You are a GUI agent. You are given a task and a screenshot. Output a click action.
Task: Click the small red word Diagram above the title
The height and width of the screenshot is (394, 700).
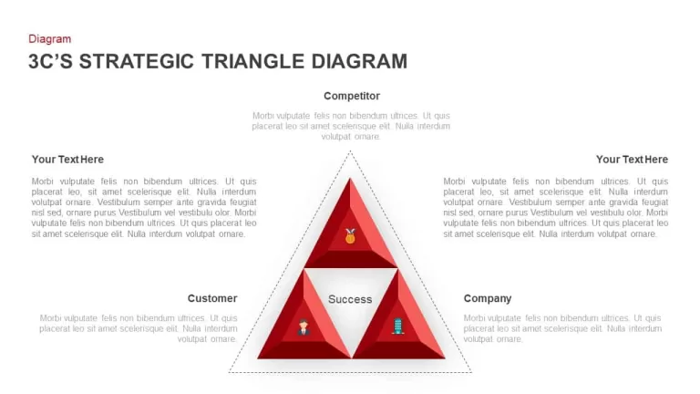pyautogui.click(x=49, y=39)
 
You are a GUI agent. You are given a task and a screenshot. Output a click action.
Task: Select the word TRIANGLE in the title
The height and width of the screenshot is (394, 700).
pyautogui.click(x=252, y=62)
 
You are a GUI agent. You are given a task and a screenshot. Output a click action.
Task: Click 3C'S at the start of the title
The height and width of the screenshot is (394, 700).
pyautogui.click(x=50, y=62)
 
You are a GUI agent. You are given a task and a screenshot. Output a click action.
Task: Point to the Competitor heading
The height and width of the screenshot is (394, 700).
pyautogui.click(x=352, y=96)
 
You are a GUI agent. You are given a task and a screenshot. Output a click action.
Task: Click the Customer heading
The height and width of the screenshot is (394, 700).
pyautogui.click(x=212, y=298)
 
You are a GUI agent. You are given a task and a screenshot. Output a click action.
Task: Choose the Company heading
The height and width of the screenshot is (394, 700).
pyautogui.click(x=488, y=298)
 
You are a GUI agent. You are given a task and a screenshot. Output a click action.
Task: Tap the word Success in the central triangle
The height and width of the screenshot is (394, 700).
pyautogui.click(x=350, y=299)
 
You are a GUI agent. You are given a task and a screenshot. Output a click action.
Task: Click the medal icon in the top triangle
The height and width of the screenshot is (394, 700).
pyautogui.click(x=350, y=236)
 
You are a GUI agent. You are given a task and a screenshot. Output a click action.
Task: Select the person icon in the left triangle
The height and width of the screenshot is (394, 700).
pyautogui.click(x=304, y=327)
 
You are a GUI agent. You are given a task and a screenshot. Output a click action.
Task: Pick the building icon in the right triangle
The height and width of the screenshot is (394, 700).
pyautogui.click(x=397, y=327)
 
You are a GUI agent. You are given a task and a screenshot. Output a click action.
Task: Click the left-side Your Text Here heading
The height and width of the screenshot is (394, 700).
pyautogui.click(x=67, y=160)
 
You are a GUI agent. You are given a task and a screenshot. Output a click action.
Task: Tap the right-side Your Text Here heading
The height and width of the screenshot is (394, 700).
pyautogui.click(x=633, y=160)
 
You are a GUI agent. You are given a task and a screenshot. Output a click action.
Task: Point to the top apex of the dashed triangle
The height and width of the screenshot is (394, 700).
pyautogui.click(x=350, y=151)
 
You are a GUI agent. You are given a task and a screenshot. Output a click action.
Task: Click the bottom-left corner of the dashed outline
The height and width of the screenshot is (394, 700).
pyautogui.click(x=229, y=372)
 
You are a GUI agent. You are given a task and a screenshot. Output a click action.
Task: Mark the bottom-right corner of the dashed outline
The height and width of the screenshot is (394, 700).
pyautogui.click(x=471, y=372)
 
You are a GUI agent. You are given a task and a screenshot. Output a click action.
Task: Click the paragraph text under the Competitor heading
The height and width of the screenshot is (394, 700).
pyautogui.click(x=351, y=126)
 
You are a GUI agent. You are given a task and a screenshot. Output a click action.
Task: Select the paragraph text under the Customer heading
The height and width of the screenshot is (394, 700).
pyautogui.click(x=139, y=328)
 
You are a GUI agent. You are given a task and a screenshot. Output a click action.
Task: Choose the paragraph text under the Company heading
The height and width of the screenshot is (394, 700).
pyautogui.click(x=562, y=328)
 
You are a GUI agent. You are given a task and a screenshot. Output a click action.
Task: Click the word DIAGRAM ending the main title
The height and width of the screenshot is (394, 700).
pyautogui.click(x=359, y=62)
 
